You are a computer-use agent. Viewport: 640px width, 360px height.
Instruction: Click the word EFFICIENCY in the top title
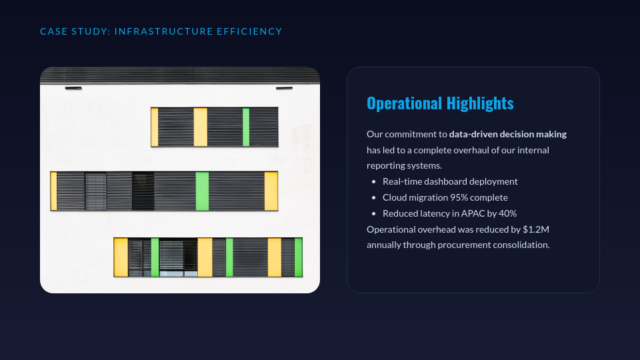249,31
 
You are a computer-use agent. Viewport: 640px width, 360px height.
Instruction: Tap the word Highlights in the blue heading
480,104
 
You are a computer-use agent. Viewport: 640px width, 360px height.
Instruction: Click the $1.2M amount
536,229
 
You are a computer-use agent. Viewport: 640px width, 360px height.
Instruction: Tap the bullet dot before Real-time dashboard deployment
373,181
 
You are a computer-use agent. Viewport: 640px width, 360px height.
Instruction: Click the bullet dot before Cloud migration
373,197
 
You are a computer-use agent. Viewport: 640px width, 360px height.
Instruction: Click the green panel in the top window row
246,127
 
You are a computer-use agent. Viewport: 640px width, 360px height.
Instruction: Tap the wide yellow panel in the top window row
201,127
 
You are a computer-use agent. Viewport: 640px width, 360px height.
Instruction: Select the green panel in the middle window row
202,191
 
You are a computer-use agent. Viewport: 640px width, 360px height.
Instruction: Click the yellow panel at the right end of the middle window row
271,191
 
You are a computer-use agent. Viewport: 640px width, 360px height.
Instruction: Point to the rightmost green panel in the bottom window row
299,257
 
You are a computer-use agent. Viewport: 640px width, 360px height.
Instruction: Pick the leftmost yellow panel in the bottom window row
121,257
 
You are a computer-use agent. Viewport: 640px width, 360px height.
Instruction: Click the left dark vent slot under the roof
73,88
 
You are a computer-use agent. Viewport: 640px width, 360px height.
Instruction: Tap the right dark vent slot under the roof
284,88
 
